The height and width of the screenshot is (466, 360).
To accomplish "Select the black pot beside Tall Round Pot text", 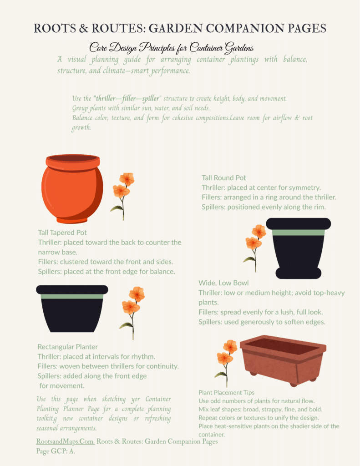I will pyautogui.click(x=299, y=248).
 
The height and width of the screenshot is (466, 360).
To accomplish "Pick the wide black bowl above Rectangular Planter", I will pyautogui.click(x=72, y=308).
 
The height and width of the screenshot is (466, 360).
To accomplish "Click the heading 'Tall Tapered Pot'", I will pyautogui.click(x=62, y=233).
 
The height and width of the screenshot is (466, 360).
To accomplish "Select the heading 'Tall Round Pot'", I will pyautogui.click(x=224, y=178).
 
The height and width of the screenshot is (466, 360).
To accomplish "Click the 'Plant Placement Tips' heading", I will pyautogui.click(x=226, y=392).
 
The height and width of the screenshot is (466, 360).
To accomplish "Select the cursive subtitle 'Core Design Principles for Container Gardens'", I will pyautogui.click(x=171, y=47).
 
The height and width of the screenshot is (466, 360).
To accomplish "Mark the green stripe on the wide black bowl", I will pyautogui.click(x=72, y=296).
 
